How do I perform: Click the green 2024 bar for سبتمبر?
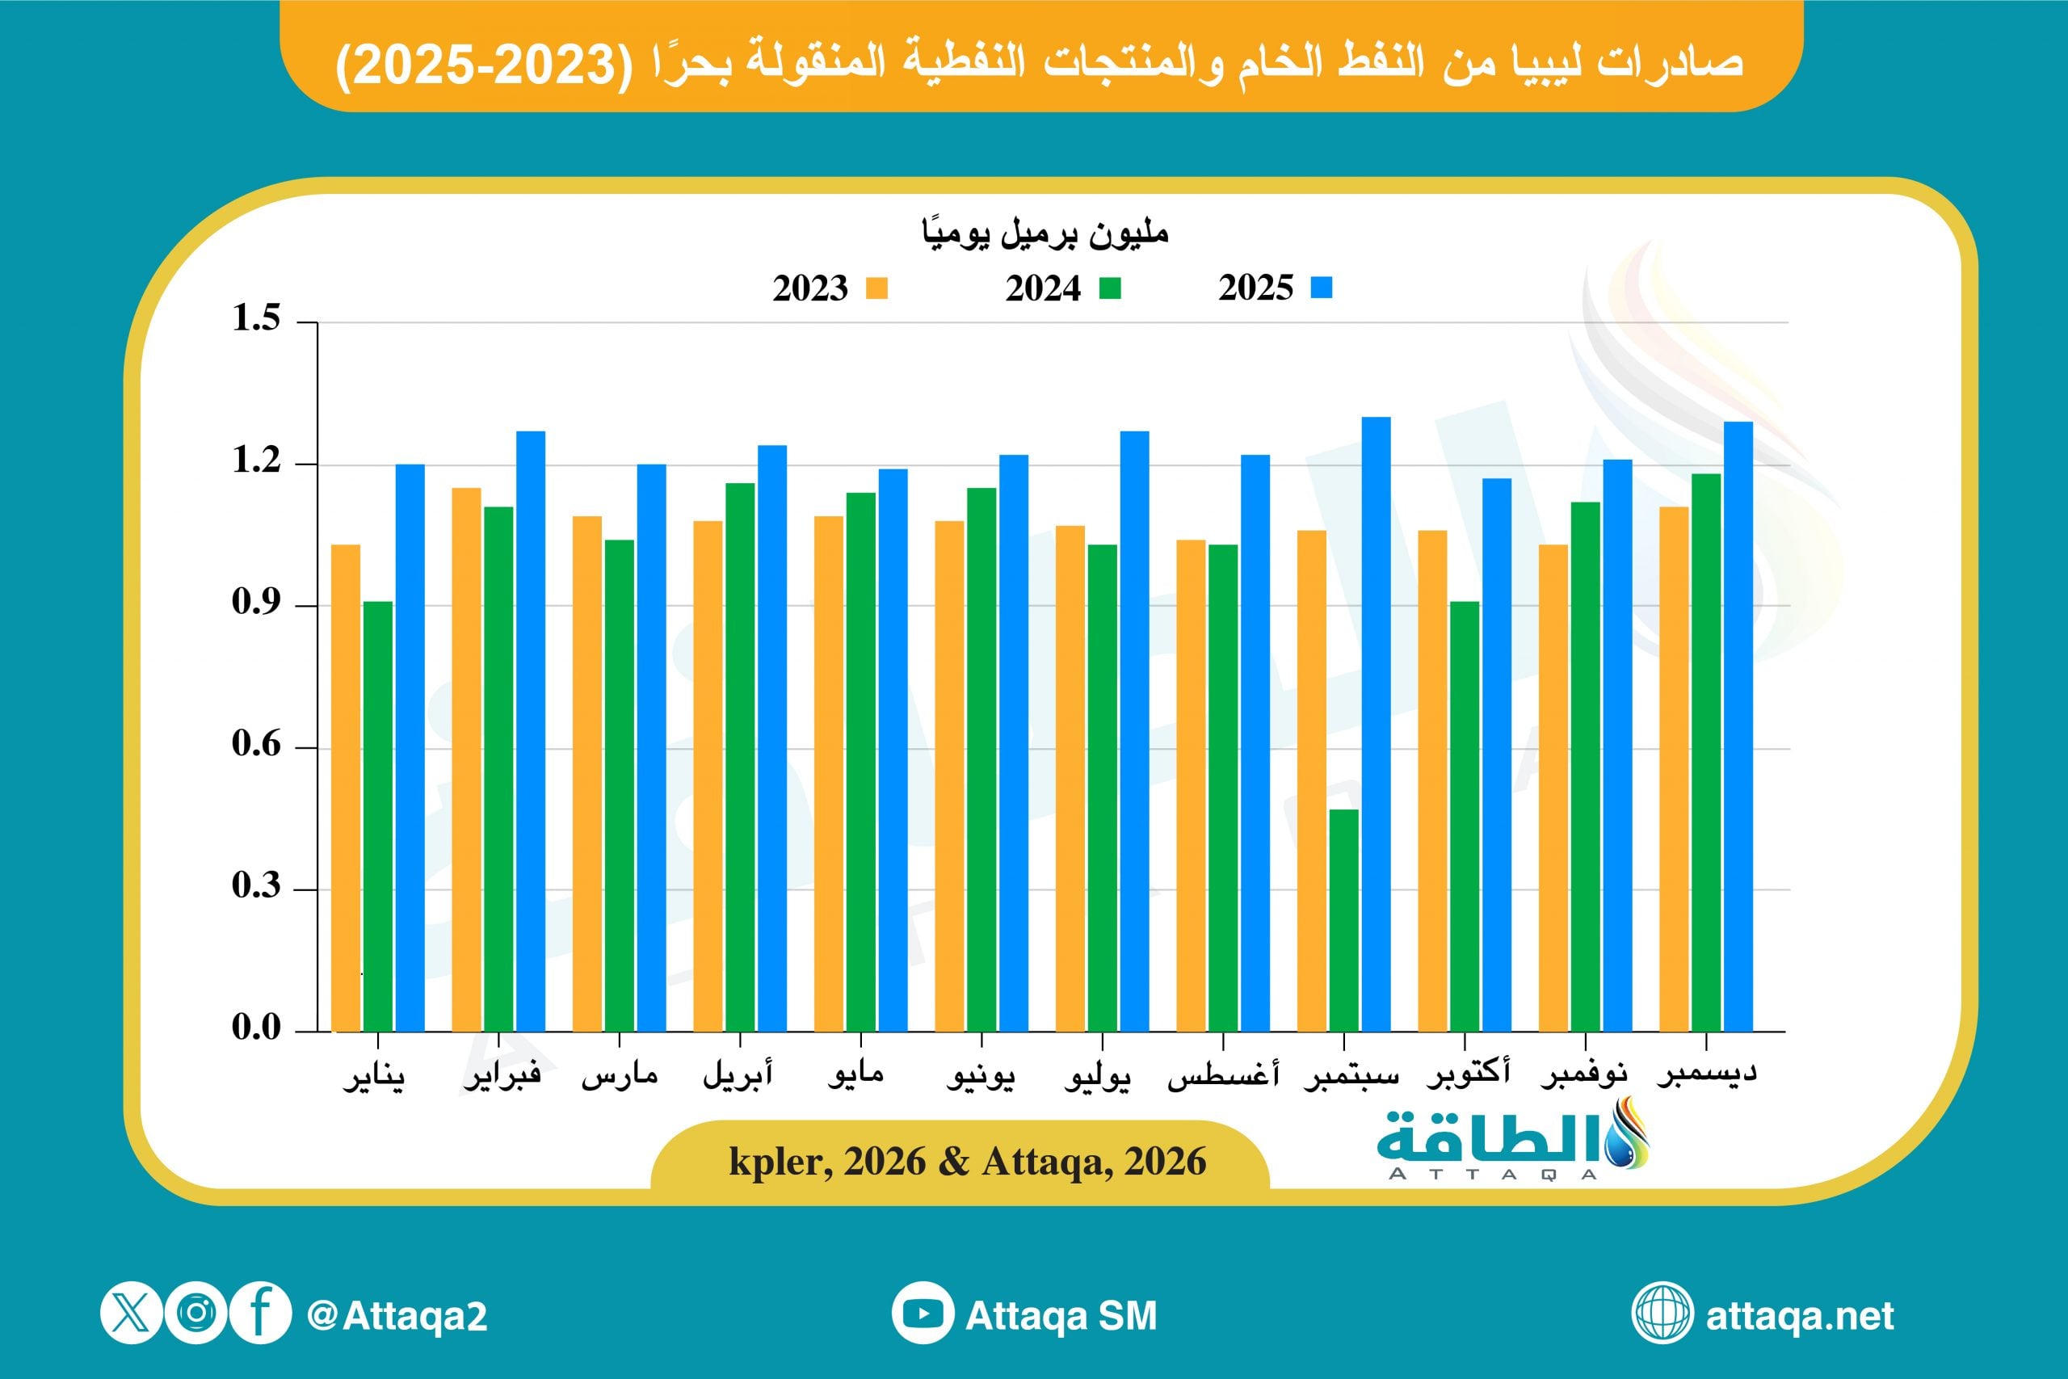(1343, 920)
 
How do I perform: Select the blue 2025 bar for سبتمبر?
(1376, 724)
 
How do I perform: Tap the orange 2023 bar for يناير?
(346, 788)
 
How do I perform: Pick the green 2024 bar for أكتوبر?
(1464, 816)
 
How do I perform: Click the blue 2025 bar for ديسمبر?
(1738, 726)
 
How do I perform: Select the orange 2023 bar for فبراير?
(466, 759)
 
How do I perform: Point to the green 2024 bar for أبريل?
(739, 757)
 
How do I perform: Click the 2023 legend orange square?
(876, 288)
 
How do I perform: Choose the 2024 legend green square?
(1110, 288)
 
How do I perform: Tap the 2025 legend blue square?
(1322, 288)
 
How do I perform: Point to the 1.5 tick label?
(256, 318)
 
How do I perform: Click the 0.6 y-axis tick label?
(256, 745)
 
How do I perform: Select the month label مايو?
(855, 1074)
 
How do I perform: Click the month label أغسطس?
(1223, 1074)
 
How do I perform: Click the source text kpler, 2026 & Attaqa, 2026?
(967, 1162)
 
